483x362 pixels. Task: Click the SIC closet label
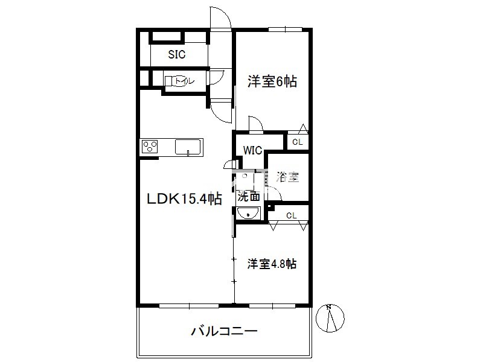coord(176,54)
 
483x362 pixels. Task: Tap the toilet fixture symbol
coord(176,81)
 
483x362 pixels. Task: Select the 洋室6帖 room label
coord(272,81)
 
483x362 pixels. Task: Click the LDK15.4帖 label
coord(184,198)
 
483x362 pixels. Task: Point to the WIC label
coord(252,150)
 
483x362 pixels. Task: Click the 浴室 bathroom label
coord(287,177)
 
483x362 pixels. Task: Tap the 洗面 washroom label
coord(249,195)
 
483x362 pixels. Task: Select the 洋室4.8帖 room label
coord(272,264)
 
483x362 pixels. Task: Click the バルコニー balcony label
coord(224,331)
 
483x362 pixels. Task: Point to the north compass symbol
coord(330,318)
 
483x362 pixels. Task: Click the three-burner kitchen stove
coord(149,146)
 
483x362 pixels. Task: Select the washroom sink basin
coord(248,214)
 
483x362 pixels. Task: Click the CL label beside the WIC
coord(297,142)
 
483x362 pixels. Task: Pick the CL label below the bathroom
coord(291,215)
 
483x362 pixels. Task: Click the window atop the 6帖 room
coord(285,29)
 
